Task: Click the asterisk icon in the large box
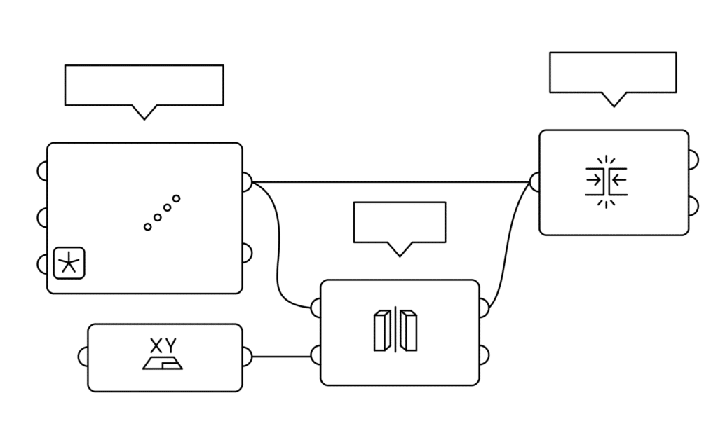[x=69, y=263]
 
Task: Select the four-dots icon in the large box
[x=162, y=212]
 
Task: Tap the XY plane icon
[x=163, y=355]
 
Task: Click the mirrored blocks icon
[x=395, y=330]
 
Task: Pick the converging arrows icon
[x=606, y=181]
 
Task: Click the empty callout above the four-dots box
[x=144, y=85]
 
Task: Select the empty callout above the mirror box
[x=399, y=223]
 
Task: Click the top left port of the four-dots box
[x=42, y=171]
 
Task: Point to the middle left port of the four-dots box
[x=42, y=217]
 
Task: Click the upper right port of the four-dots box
[x=247, y=182]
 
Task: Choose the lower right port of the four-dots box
[x=247, y=252]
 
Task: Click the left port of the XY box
[x=83, y=357]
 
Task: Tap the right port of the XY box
[x=247, y=356]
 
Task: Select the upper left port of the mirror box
[x=316, y=307]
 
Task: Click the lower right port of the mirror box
[x=484, y=353]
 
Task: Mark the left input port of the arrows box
[x=534, y=182]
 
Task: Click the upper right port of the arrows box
[x=693, y=160]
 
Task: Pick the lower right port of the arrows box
[x=693, y=205]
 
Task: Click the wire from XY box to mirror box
[x=280, y=356]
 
